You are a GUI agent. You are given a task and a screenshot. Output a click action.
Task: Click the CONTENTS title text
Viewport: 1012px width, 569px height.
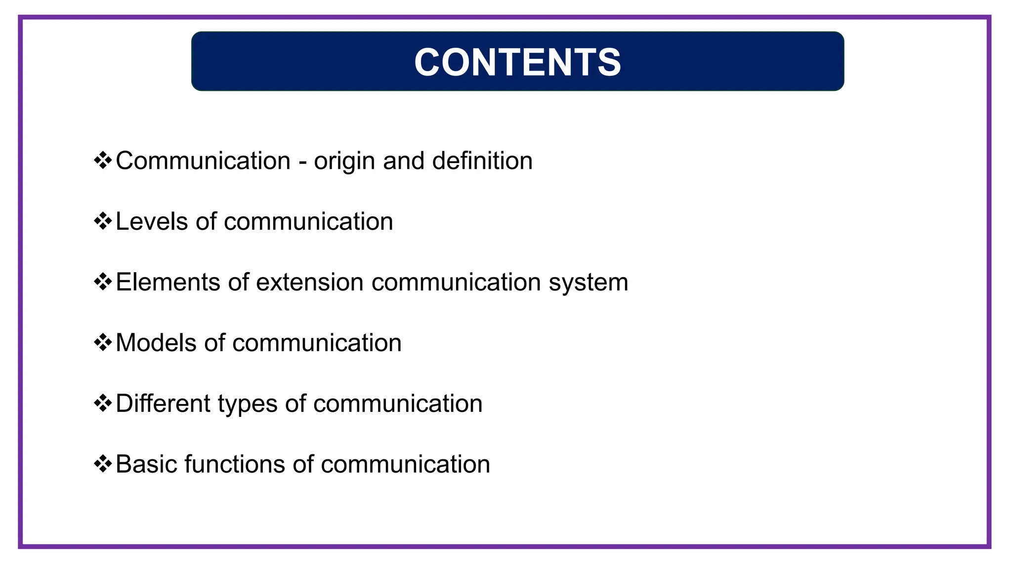point(517,62)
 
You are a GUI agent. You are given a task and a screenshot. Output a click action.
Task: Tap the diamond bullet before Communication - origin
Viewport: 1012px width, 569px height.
point(103,161)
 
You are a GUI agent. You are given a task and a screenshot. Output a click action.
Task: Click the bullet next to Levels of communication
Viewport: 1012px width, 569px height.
point(103,221)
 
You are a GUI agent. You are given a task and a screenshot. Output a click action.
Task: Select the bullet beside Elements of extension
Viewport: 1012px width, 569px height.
point(103,282)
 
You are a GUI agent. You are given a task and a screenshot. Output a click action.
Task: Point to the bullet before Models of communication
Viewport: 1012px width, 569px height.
point(103,342)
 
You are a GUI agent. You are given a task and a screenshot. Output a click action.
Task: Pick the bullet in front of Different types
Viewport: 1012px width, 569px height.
point(103,403)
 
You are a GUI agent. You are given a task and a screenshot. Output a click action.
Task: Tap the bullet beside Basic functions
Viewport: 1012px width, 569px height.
point(103,464)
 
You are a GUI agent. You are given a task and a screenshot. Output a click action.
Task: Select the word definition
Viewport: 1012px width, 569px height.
point(482,161)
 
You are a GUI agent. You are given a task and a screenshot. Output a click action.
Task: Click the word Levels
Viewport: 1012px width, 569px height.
point(152,221)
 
